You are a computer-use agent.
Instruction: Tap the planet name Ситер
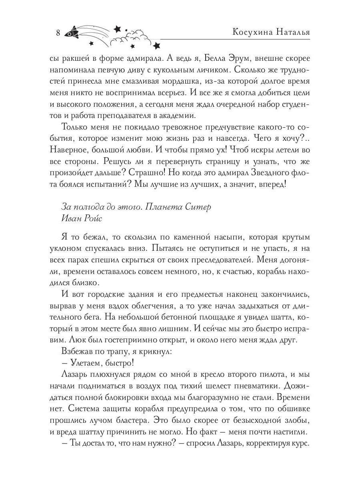198,207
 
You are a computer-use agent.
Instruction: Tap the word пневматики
272,386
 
